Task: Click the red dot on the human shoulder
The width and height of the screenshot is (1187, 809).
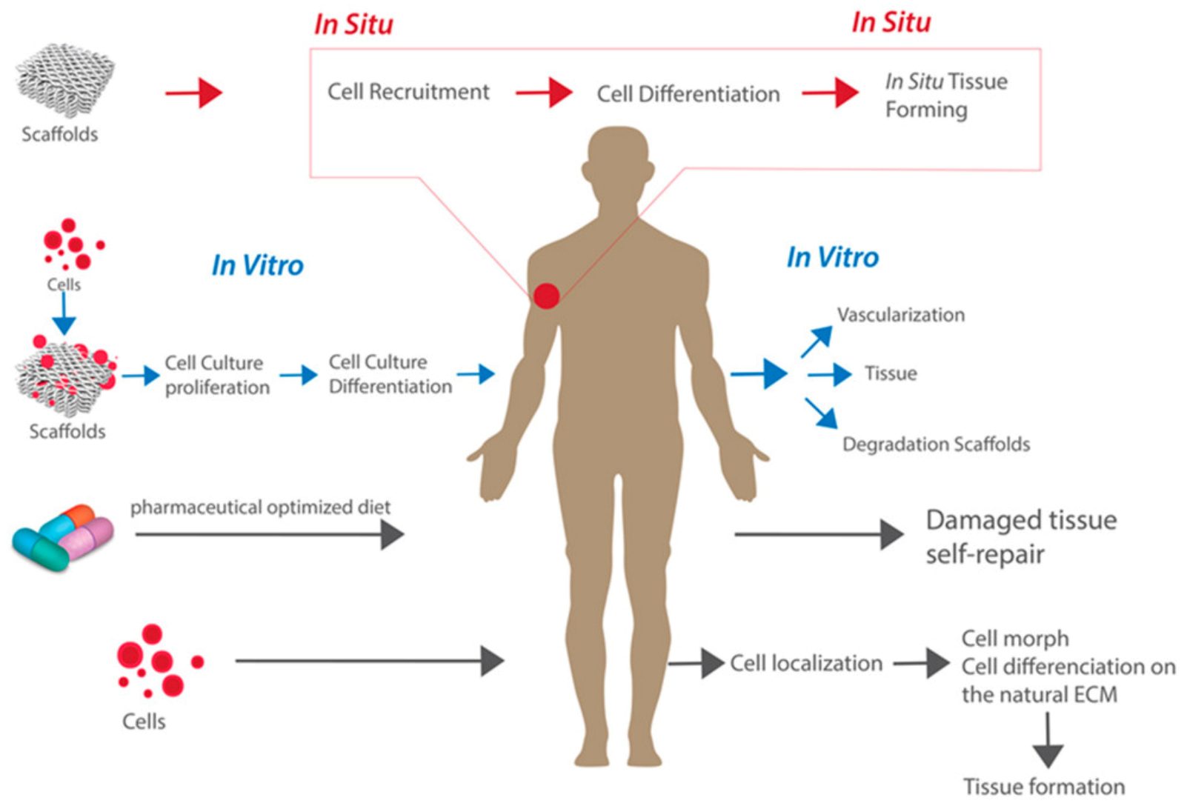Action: coord(547,296)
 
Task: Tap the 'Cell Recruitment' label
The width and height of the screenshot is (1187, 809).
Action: coord(408,92)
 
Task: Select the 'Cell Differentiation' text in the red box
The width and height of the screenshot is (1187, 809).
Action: coord(688,94)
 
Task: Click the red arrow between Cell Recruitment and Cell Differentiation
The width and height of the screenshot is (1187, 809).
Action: coord(544,93)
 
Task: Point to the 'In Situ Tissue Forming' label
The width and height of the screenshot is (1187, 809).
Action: coord(945,95)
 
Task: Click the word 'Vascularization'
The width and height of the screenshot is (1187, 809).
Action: coord(900,315)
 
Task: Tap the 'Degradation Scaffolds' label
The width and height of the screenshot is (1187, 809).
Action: coord(936,444)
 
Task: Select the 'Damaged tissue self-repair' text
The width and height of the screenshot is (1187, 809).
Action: coord(1020,536)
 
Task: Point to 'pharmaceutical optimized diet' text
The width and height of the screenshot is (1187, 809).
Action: coord(260,507)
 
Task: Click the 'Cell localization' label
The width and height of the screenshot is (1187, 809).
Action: coord(806,663)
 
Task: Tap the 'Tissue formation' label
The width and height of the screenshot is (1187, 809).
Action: coord(1043,786)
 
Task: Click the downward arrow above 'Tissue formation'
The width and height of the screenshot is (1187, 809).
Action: coord(1048,740)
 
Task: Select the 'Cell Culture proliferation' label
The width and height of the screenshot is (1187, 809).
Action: coord(216,375)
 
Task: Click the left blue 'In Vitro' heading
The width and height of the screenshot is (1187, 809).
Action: coord(257,265)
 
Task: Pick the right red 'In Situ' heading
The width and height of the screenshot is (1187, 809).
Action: coord(891,23)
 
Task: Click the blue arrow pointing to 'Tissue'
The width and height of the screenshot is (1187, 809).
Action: coord(829,374)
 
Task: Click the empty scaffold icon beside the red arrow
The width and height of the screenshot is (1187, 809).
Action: coord(64,80)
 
